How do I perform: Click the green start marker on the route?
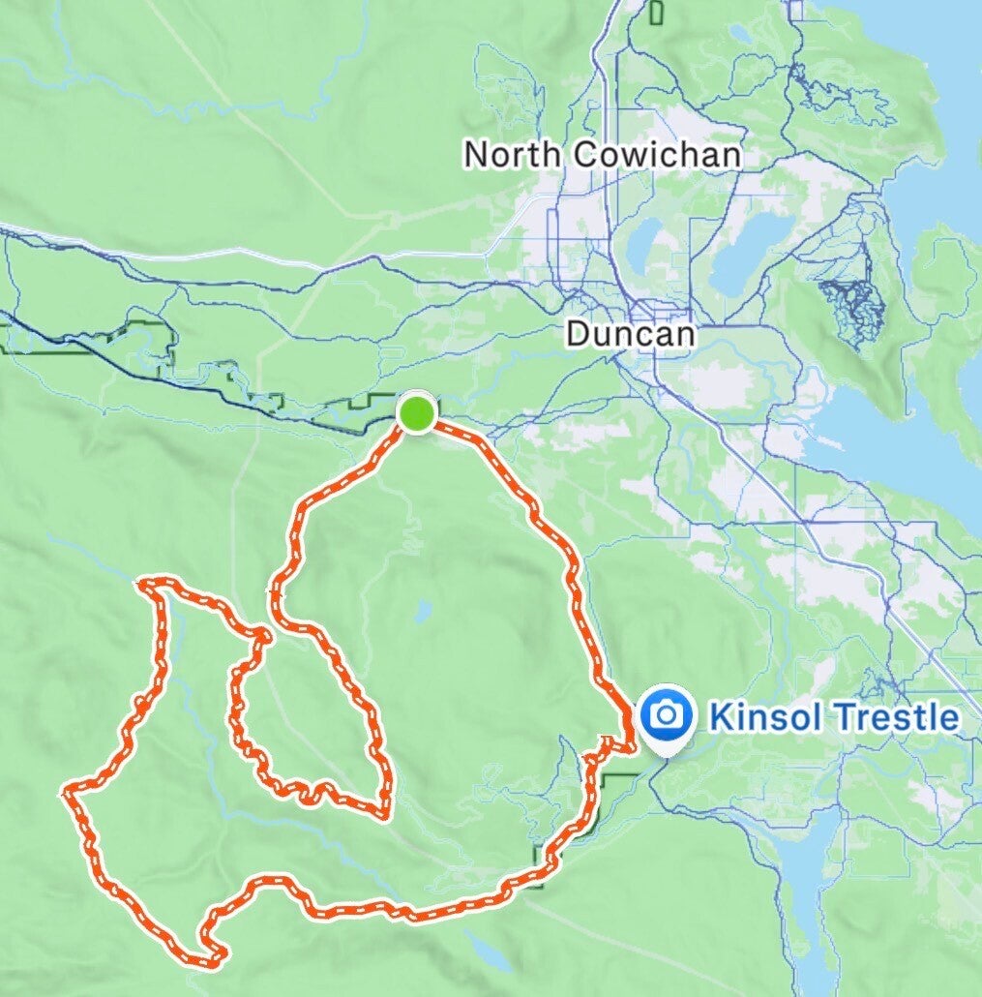416,413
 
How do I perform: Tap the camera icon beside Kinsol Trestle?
665,715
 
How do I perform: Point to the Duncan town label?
630,334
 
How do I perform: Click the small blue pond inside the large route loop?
422,612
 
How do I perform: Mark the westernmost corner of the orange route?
66,793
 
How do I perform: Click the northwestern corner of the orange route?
145,583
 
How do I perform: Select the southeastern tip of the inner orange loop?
386,813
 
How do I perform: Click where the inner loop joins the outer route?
262,636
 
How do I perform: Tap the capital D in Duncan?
577,334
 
